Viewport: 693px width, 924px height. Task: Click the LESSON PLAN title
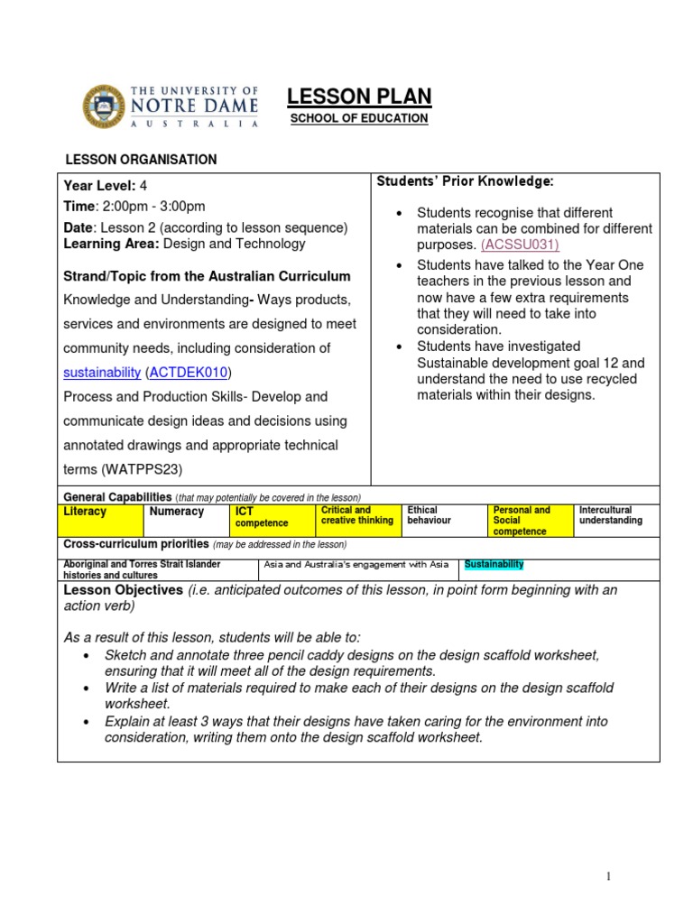[358, 97]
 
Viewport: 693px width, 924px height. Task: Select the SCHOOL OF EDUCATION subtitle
[358, 119]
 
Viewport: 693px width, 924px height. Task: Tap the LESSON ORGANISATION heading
[141, 160]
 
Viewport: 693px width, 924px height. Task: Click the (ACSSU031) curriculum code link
[521, 245]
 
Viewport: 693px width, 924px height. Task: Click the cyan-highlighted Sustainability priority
[494, 565]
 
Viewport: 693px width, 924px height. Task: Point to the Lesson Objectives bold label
[123, 590]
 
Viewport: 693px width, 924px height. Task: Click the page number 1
[609, 877]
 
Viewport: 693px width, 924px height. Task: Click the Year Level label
[97, 186]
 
